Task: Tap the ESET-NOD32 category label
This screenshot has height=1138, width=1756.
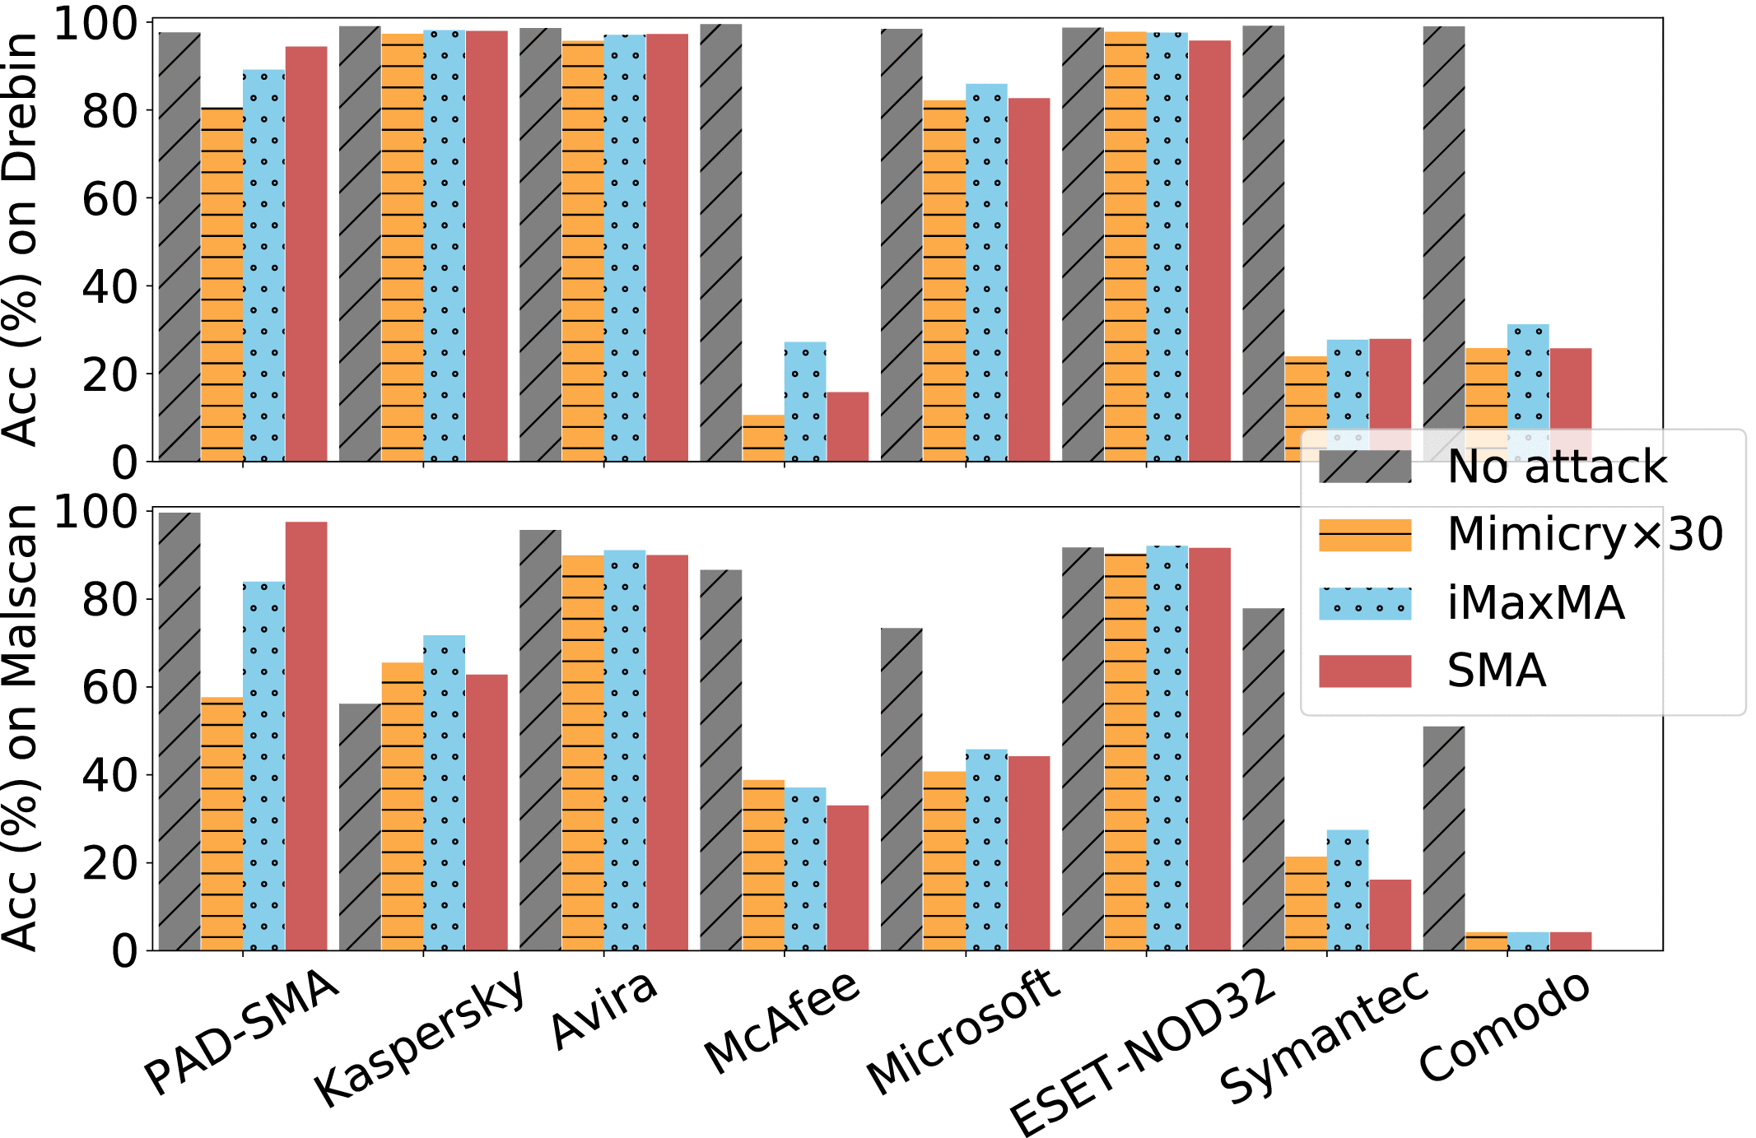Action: (x=1143, y=1053)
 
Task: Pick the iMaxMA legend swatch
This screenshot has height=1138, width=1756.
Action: (x=1365, y=603)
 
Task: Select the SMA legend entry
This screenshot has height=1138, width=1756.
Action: (x=1496, y=671)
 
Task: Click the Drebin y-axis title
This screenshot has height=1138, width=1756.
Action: (x=20, y=239)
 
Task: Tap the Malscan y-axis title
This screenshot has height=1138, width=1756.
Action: (x=20, y=728)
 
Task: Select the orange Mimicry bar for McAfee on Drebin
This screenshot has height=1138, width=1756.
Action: (x=763, y=438)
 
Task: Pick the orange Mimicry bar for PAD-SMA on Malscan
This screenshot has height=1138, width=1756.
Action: (x=222, y=824)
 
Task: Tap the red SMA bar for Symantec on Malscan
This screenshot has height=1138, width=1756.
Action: (x=1390, y=915)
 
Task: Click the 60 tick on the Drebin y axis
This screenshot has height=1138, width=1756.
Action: (x=109, y=198)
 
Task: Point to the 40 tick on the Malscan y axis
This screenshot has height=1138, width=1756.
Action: (x=109, y=775)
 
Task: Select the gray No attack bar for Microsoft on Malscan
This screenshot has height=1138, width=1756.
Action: (x=901, y=789)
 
